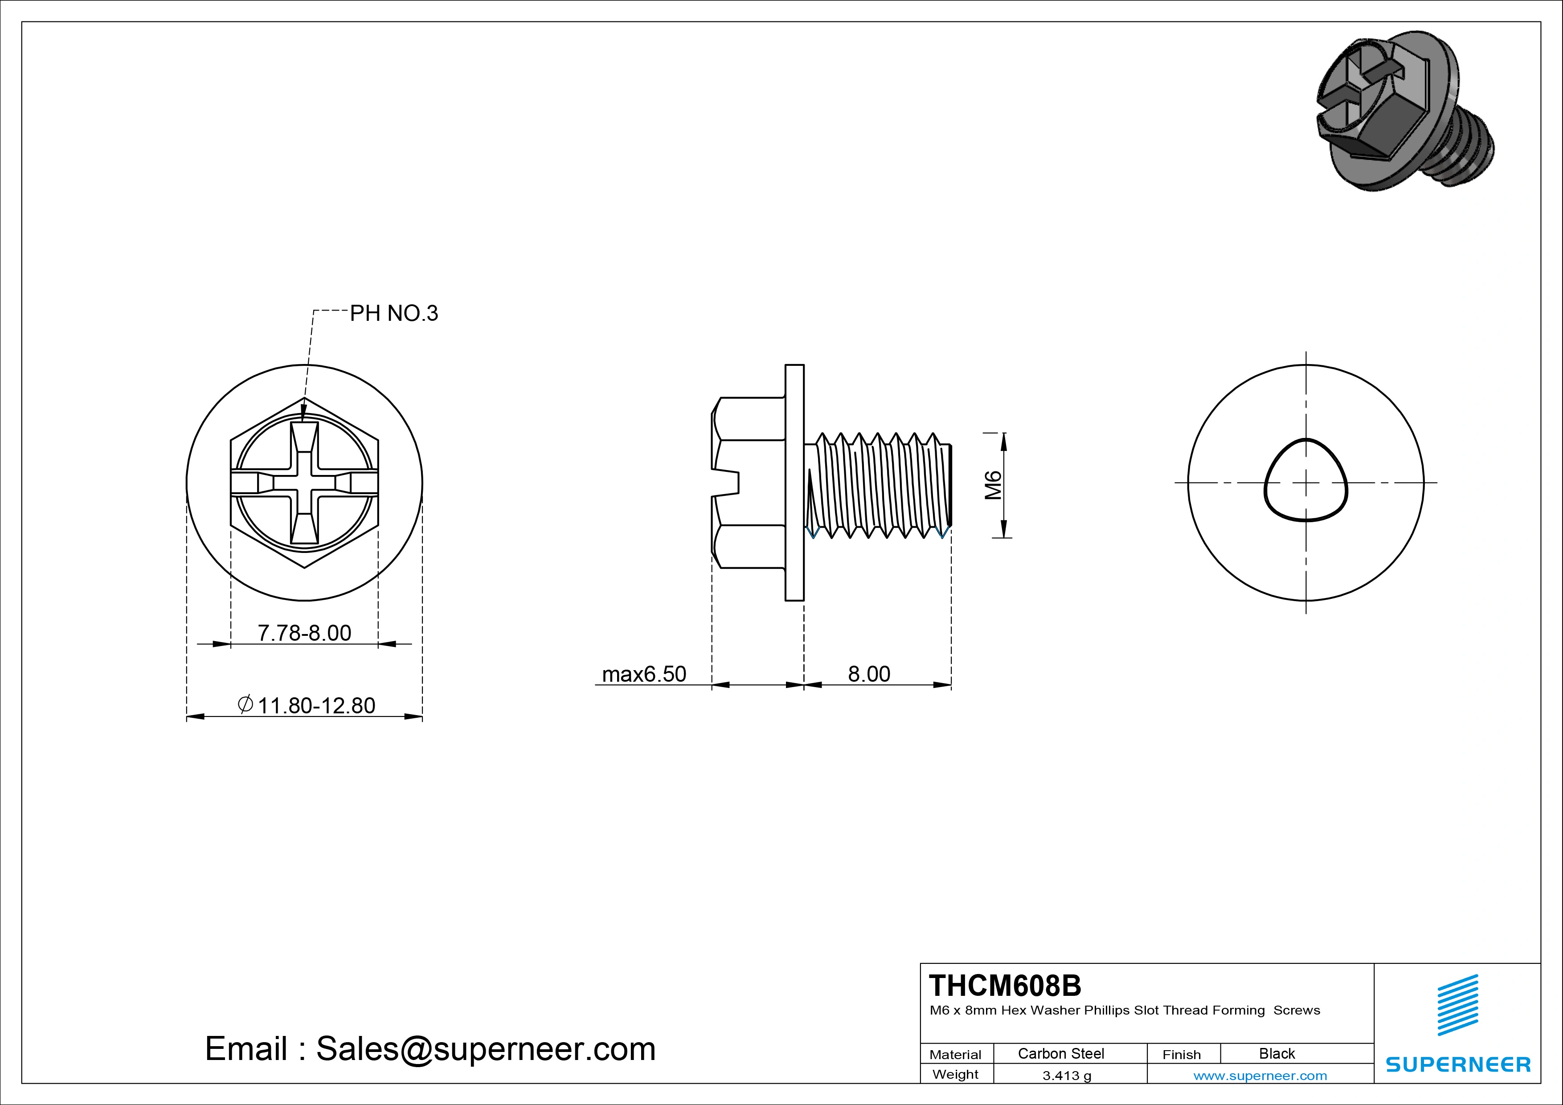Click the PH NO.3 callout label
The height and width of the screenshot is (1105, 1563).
[x=394, y=313]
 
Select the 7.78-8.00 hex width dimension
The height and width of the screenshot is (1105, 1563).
[x=304, y=633]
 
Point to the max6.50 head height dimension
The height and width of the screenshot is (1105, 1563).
[x=644, y=674]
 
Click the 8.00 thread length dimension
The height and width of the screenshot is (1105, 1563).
[x=869, y=674]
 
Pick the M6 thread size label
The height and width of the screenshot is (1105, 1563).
[x=994, y=485]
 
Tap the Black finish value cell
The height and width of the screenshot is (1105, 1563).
[x=1277, y=1053]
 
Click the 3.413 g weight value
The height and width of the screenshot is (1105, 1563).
[x=1067, y=1076]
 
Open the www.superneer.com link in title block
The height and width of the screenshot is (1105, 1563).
[x=1260, y=1076]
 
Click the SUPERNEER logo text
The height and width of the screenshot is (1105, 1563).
[x=1458, y=1064]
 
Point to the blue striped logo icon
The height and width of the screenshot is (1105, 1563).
[x=1458, y=1005]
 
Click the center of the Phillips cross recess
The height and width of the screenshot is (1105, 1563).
[x=304, y=483]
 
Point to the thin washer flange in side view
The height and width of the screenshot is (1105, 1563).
[x=794, y=483]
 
